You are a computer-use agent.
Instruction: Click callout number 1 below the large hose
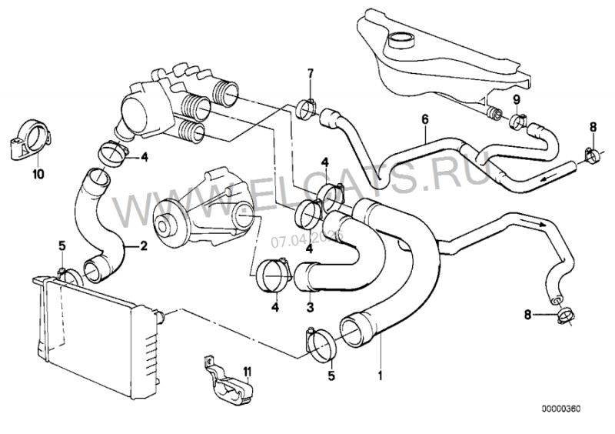[x=379, y=376]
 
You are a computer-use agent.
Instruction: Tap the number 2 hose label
[x=141, y=247]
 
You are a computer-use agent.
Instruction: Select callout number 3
[x=310, y=307]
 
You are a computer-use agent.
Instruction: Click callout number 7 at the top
[x=311, y=74]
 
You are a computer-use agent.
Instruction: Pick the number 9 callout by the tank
[x=517, y=99]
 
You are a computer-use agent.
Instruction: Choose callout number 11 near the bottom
[x=246, y=372]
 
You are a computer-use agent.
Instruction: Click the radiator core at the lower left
[x=85, y=331]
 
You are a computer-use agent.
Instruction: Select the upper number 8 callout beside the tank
[x=593, y=126]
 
